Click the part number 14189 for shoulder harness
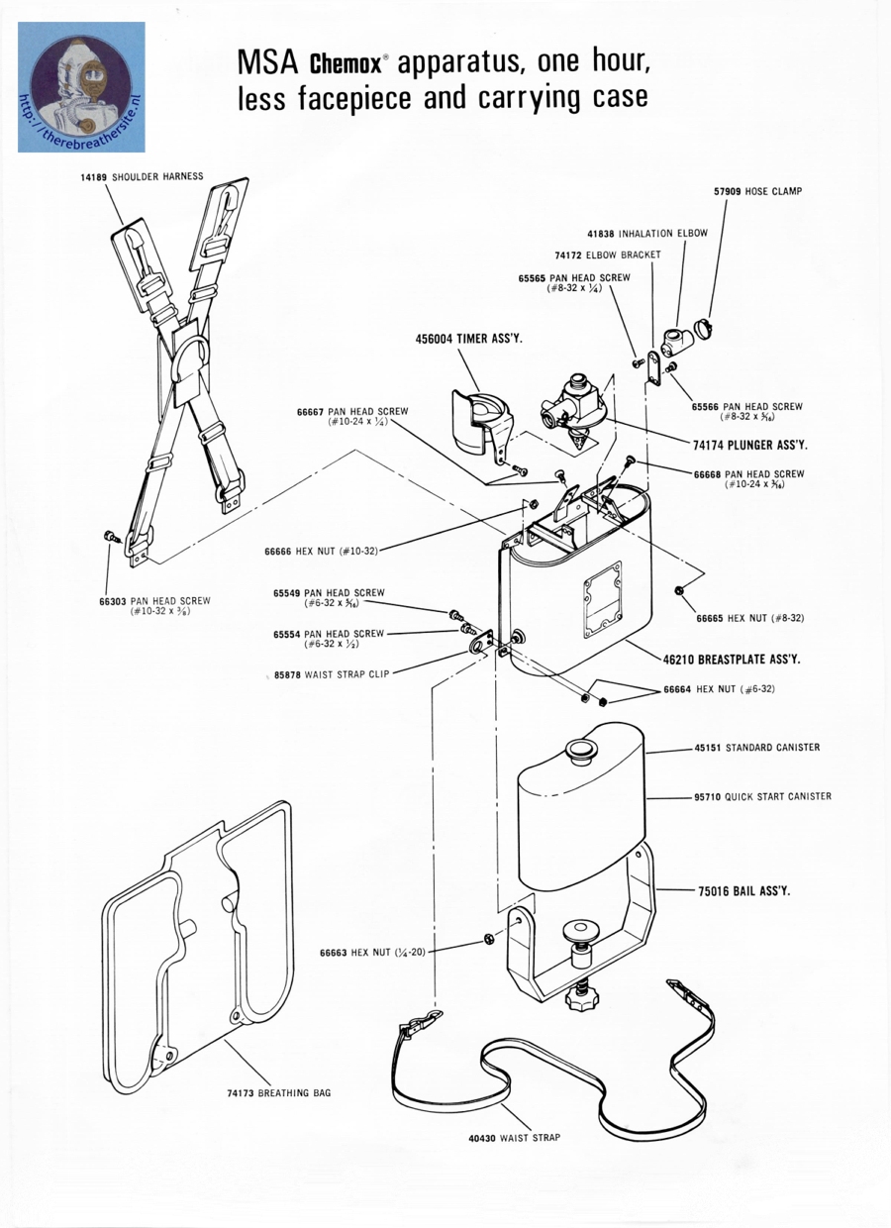(x=95, y=176)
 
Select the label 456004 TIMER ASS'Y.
(x=468, y=339)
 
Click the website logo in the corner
(x=81, y=87)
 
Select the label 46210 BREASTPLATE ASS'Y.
(x=732, y=659)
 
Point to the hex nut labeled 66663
(x=489, y=938)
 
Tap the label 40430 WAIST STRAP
(x=514, y=1138)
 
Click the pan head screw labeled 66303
(x=109, y=537)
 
